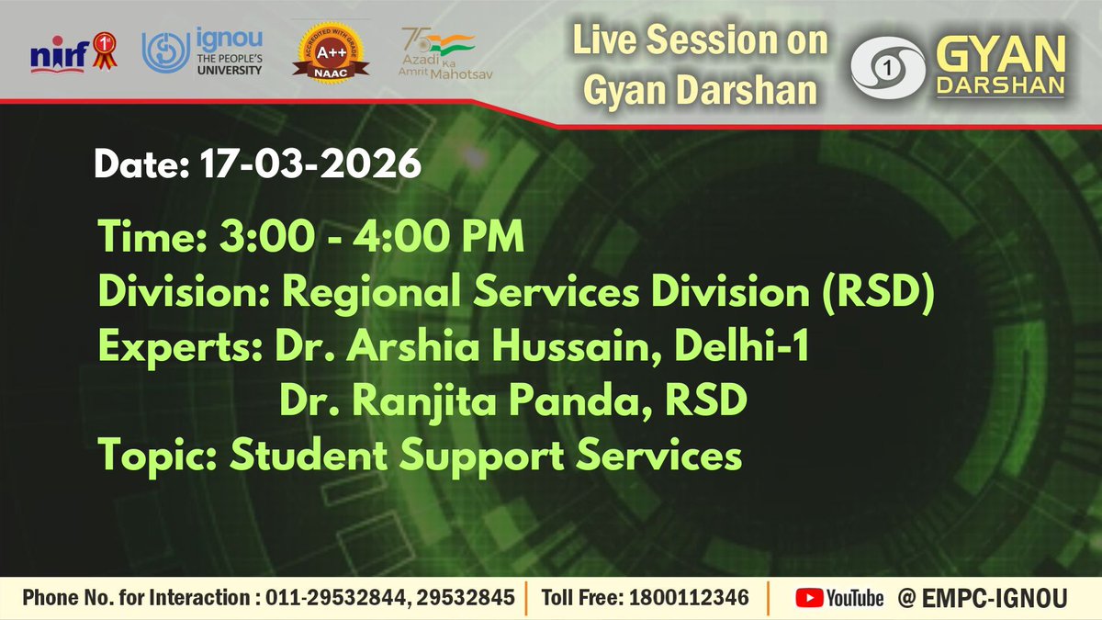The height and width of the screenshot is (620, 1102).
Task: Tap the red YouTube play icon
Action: [809, 598]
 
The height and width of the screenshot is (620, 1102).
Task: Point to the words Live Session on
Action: [701, 41]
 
